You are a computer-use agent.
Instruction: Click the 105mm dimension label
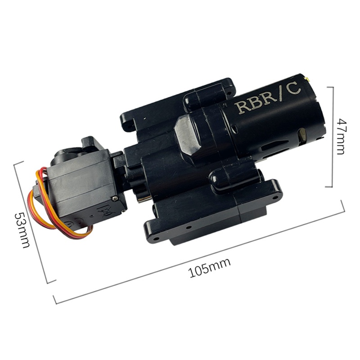pyautogui.click(x=210, y=268)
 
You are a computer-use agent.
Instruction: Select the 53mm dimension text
pyautogui.click(x=22, y=230)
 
